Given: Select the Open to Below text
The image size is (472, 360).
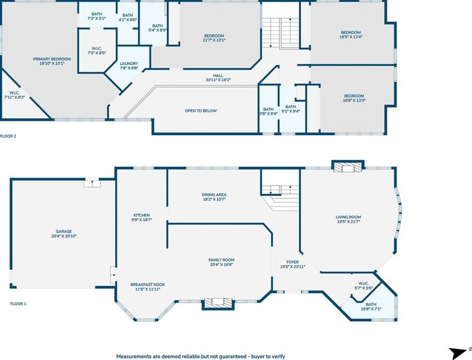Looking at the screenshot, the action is tap(201, 111).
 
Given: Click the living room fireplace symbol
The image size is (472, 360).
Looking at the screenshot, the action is tap(348, 167).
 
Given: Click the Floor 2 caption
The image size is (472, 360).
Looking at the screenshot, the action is tap(8, 136).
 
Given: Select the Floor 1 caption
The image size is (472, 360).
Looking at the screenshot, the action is tap(18, 304).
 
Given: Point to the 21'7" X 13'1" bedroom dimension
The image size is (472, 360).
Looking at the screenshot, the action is tap(214, 40).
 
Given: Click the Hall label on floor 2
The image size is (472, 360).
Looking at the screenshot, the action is tap(218, 76).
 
